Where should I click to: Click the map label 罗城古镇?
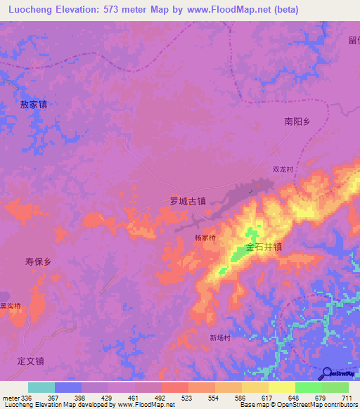coord(188,200)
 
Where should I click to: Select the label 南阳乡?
coord(297,121)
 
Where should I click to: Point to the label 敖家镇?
coord(33,104)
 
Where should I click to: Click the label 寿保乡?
coord(39,261)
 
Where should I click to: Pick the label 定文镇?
coord(31,361)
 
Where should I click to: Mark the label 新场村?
coord(220,337)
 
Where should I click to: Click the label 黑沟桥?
coord(11,306)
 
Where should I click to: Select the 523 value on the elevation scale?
coord(188,398)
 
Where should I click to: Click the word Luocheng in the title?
coord(31,10)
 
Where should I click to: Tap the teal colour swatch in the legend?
coord(41,387)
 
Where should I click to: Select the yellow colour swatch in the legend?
coord(281,387)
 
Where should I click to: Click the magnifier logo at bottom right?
coord(327,373)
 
